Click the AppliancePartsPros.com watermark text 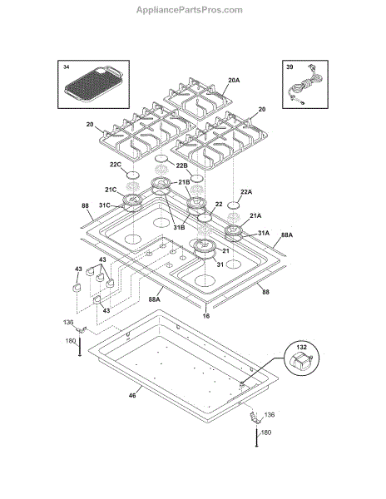(x=190, y=10)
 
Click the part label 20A (x=234, y=80)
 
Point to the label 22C (x=115, y=165)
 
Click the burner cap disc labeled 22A (x=235, y=205)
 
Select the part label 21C (x=111, y=190)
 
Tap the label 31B (x=179, y=228)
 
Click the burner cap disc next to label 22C (x=133, y=175)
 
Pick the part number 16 (x=206, y=316)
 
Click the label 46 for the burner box (x=132, y=395)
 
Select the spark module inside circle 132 (x=300, y=362)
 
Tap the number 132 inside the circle (x=302, y=347)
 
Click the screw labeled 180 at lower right (x=256, y=438)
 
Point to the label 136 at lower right (x=270, y=415)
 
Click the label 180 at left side (x=71, y=341)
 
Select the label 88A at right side (x=287, y=235)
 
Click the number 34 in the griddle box (x=66, y=67)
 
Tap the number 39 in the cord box (x=289, y=67)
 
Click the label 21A (x=255, y=215)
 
